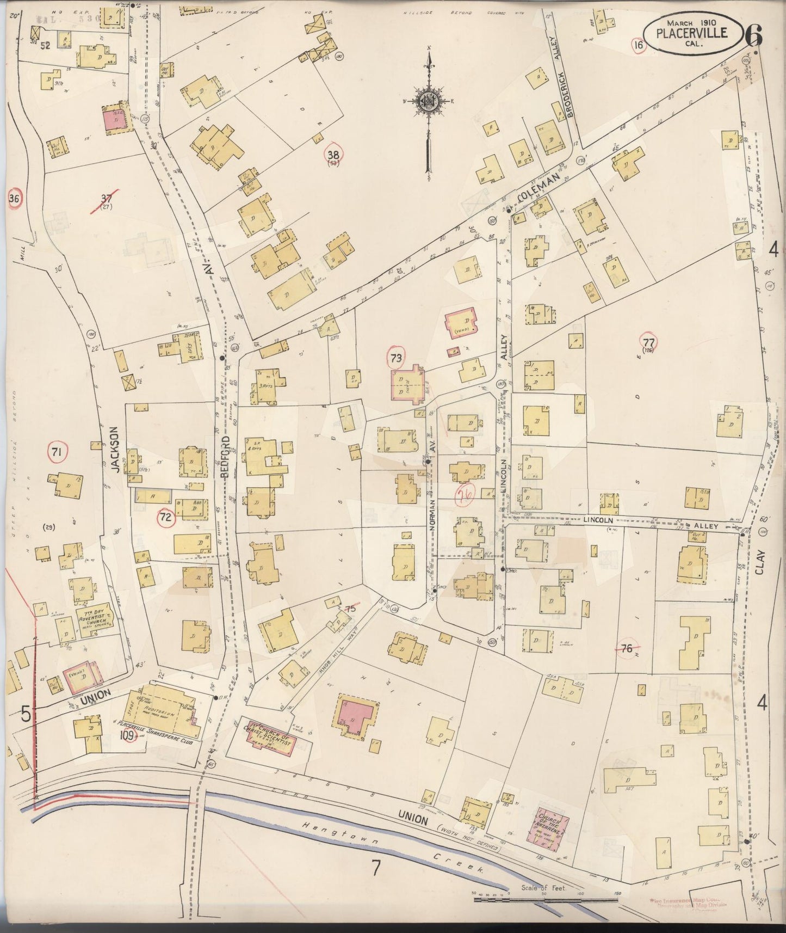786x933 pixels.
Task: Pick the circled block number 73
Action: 395,358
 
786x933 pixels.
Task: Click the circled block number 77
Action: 648,342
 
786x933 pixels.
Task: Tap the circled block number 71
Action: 57,451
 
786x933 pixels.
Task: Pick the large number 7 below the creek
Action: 375,868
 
